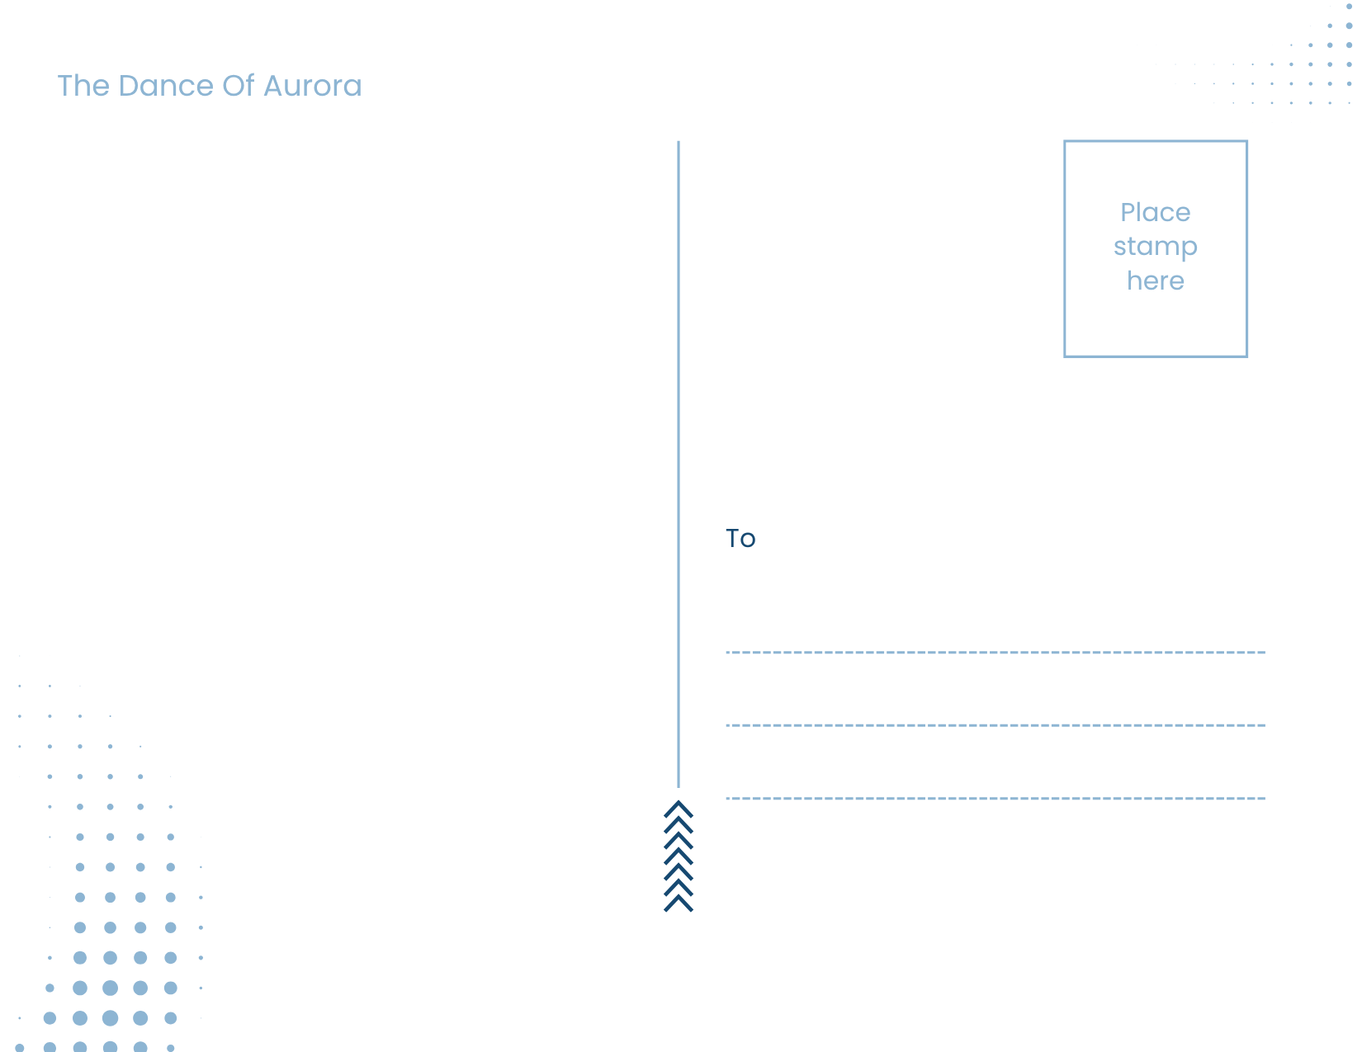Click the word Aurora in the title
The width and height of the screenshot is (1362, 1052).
tap(312, 86)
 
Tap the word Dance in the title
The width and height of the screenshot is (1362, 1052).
tap(166, 86)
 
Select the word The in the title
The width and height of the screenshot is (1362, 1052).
tap(83, 86)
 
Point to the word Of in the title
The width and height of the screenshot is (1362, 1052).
tap(239, 86)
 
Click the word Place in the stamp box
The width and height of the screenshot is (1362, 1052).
tap(1155, 212)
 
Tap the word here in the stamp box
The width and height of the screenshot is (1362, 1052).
tap(1155, 281)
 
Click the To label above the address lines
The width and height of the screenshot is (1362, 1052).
tap(740, 538)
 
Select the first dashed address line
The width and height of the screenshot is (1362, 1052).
tap(995, 653)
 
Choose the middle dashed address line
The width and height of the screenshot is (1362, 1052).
tap(995, 725)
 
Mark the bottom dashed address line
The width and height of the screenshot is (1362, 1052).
tap(995, 798)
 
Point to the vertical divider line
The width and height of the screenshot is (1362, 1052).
tap(679, 465)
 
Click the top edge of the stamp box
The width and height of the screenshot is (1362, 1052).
tap(1155, 142)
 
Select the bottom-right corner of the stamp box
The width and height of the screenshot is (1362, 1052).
tap(1246, 356)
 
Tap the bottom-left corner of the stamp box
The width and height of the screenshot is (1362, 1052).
tap(1065, 356)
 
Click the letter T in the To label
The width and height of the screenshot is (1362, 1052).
tap(733, 538)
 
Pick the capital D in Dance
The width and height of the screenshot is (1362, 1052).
tap(129, 86)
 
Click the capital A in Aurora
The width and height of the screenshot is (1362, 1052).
tap(275, 86)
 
